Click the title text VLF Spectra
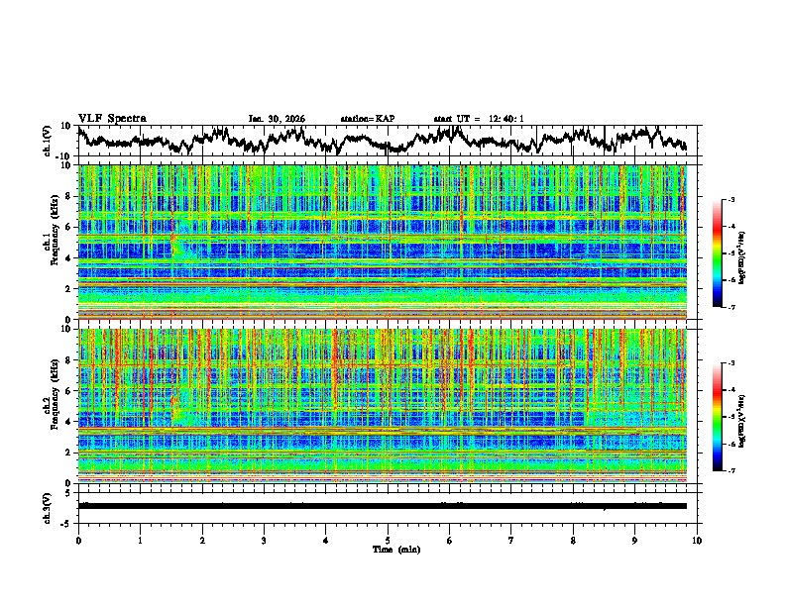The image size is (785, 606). point(112,119)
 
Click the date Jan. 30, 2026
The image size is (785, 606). point(277,119)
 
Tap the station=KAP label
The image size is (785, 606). point(367,119)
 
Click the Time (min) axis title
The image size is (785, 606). point(388,549)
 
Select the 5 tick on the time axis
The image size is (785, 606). point(388,540)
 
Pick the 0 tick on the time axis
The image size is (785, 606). point(78,540)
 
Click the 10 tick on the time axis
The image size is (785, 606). point(697,540)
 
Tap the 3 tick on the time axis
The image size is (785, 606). point(264,540)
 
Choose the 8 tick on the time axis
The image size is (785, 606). point(573,540)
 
